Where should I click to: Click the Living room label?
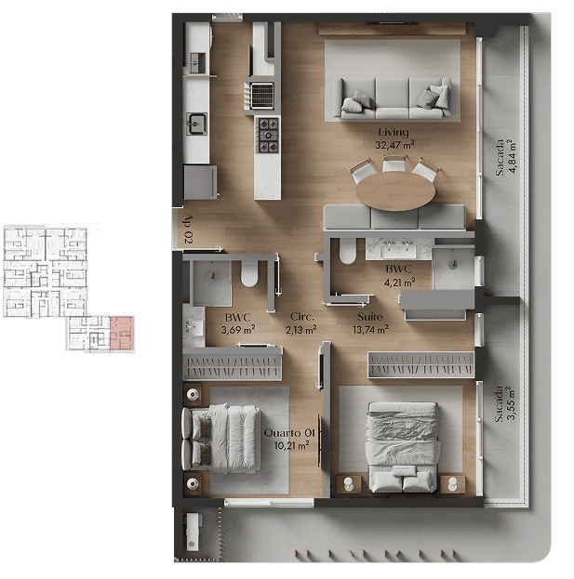pyautogui.click(x=394, y=133)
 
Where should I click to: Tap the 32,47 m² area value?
pyautogui.click(x=394, y=144)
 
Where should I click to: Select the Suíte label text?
pyautogui.click(x=369, y=317)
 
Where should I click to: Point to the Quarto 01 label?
pyautogui.click(x=289, y=433)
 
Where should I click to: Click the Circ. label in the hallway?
pyautogui.click(x=302, y=317)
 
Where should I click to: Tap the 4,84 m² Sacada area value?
pyautogui.click(x=512, y=156)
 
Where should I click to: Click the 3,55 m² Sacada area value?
pyautogui.click(x=511, y=403)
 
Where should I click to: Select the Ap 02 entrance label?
pyautogui.click(x=188, y=230)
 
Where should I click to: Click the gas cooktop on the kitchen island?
pyautogui.click(x=268, y=135)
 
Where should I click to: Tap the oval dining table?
pyautogui.click(x=395, y=191)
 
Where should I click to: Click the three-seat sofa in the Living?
pyautogui.click(x=393, y=99)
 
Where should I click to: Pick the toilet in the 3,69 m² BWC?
pyautogui.click(x=249, y=274)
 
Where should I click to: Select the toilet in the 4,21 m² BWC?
pyautogui.click(x=347, y=252)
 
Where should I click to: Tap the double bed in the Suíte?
pyautogui.click(x=403, y=447)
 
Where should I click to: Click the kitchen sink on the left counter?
pyautogui.click(x=196, y=124)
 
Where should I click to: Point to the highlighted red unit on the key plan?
pyautogui.click(x=122, y=333)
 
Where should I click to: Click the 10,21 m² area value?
pyautogui.click(x=291, y=445)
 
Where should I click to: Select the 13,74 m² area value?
pyautogui.click(x=370, y=329)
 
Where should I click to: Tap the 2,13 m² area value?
pyautogui.click(x=300, y=329)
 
